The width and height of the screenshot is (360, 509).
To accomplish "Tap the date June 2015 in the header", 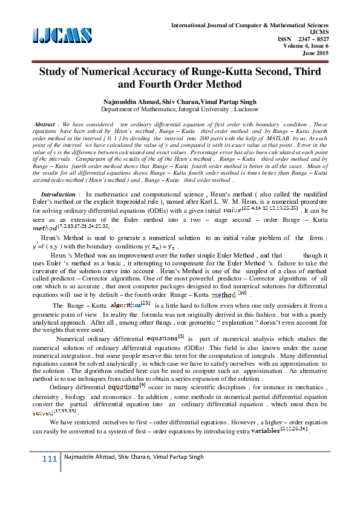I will click(318, 53).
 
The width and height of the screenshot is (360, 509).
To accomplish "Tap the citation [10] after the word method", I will click(242, 292).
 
